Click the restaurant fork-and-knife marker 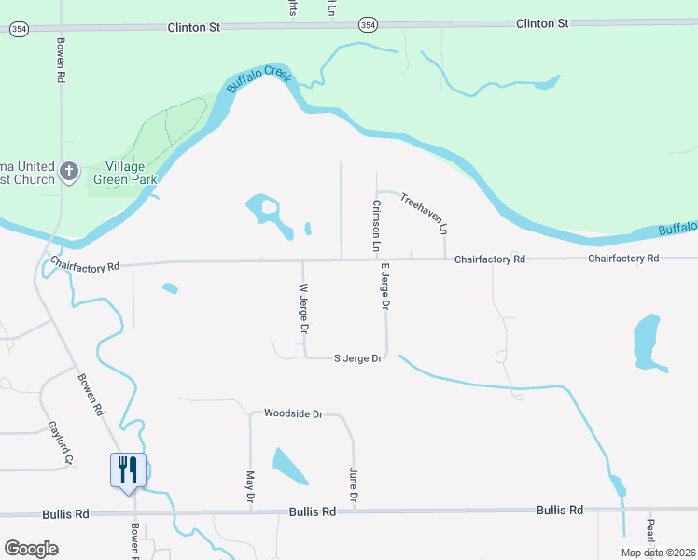point(128,469)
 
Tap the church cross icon point(68,172)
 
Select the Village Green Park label point(124,173)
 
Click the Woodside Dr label point(293,413)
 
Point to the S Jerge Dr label point(358,358)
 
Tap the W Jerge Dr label point(303,309)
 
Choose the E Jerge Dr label point(384,286)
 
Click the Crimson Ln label point(376,226)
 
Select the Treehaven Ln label point(425,214)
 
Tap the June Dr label point(353,485)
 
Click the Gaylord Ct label point(60,442)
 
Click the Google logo point(31,549)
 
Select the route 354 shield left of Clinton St point(18,29)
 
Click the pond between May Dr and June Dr point(289,466)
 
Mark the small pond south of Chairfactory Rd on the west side point(169,288)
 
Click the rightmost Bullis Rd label point(559,510)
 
